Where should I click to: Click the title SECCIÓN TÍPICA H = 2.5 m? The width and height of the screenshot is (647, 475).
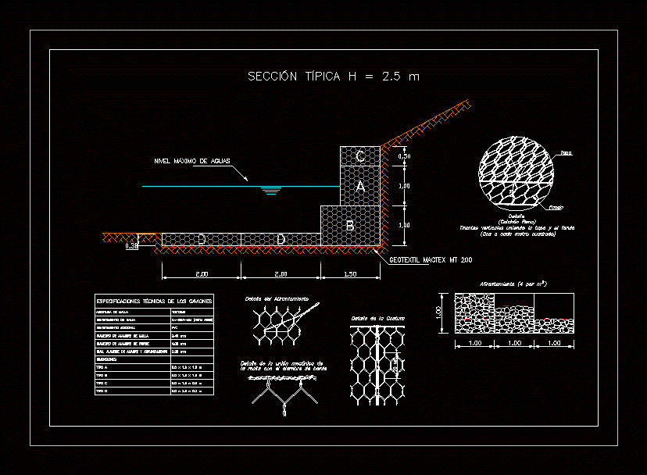click(334, 77)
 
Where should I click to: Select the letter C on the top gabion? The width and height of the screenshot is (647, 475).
click(359, 157)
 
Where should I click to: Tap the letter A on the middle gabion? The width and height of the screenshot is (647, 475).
click(359, 187)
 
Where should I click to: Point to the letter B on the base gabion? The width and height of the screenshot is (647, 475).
click(350, 227)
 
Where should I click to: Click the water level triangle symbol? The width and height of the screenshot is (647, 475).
click(271, 190)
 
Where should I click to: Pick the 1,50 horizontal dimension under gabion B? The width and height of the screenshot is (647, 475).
click(350, 274)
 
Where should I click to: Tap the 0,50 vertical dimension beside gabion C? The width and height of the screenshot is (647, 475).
click(404, 156)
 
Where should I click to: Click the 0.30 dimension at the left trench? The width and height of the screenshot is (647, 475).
click(131, 246)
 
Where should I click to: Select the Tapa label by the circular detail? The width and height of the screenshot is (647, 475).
click(567, 153)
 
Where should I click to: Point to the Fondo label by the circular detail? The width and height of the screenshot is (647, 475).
click(556, 208)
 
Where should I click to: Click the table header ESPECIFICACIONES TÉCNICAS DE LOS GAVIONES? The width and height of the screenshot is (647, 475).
click(153, 301)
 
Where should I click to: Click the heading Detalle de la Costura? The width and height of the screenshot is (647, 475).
click(374, 318)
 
